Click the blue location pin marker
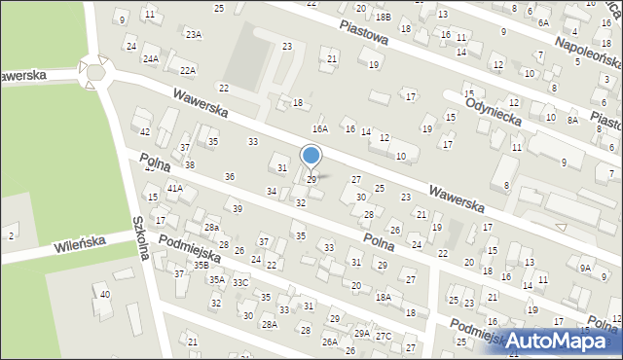(311, 156)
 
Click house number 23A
(194, 34)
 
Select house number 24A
(151, 58)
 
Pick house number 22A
(188, 70)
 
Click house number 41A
(174, 187)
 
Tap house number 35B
(201, 265)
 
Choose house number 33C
(240, 282)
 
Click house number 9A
(585, 267)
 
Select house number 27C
(384, 336)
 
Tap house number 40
(105, 294)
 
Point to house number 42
(144, 131)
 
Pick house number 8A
(572, 119)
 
